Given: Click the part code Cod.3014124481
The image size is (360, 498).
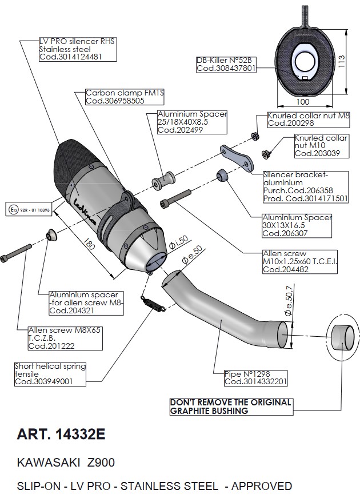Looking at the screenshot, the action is pos(70,57).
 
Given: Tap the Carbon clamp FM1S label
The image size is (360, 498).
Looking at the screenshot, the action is pos(125,93).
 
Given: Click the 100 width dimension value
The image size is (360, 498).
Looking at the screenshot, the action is pos(302,102).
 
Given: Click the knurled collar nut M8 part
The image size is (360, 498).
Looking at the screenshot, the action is pos(255,136).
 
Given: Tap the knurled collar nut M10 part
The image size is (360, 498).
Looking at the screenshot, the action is pos(266,154).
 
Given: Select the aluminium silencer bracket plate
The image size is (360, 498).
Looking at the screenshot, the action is pos(237,158).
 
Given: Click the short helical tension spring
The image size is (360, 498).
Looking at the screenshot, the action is pos(153,302).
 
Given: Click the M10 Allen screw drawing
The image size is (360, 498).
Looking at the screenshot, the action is pos(176,199).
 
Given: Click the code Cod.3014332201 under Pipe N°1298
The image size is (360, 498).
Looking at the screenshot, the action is pos(255,382).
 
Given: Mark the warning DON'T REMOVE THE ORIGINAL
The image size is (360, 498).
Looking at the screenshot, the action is pos(230,403).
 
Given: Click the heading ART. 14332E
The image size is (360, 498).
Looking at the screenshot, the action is pos(61,434).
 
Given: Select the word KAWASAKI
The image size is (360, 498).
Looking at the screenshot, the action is pos(48,463).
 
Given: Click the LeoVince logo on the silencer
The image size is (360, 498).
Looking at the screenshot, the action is pos(85,211).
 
